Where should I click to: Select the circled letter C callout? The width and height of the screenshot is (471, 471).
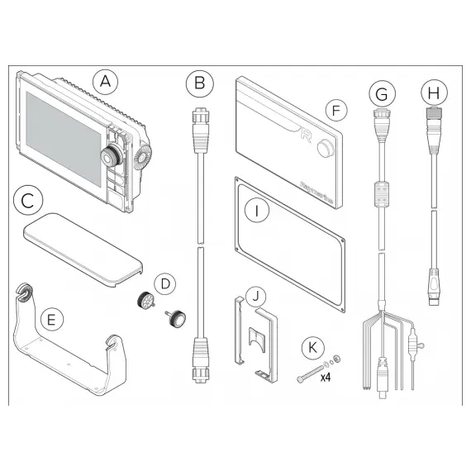click(28, 200)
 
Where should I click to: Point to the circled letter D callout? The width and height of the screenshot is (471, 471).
click(166, 283)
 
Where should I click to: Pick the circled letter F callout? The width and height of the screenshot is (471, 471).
click(333, 108)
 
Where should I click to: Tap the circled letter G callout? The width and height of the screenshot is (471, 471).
click(381, 94)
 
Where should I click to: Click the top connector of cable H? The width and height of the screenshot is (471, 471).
click(432, 121)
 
